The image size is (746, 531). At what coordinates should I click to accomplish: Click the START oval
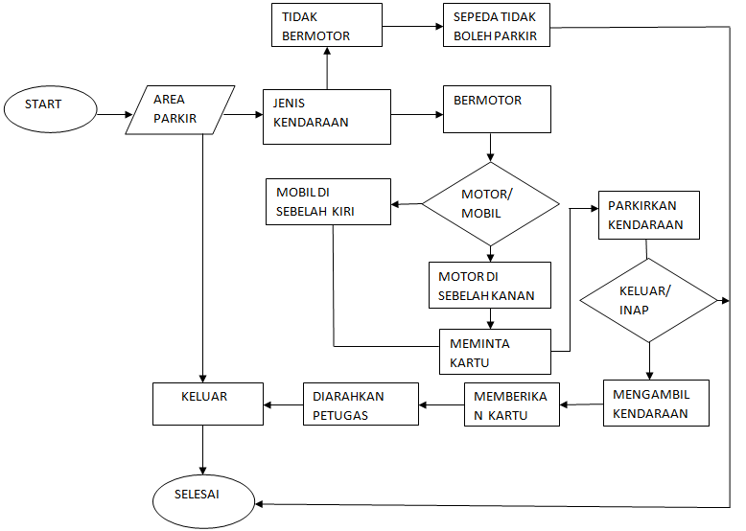tap(50, 107)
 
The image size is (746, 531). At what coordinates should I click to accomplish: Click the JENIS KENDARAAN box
tap(327, 116)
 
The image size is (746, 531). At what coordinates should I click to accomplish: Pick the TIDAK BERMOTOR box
tap(327, 26)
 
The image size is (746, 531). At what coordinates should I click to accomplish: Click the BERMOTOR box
tap(496, 109)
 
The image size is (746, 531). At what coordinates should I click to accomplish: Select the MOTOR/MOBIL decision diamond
tap(491, 203)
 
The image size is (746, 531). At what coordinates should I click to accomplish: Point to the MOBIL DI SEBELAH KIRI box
tap(328, 201)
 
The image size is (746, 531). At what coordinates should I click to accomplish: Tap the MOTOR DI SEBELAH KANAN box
tap(490, 285)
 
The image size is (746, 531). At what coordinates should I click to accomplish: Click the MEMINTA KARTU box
tap(495, 352)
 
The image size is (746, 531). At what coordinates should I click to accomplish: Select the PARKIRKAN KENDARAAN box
tap(648, 215)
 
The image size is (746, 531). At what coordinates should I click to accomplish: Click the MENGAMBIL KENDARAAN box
tap(657, 404)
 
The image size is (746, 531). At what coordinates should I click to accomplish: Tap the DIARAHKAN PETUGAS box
tap(361, 404)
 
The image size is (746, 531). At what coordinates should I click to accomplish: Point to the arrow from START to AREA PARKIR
tap(111, 114)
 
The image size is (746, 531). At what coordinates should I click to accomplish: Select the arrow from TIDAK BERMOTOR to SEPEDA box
tap(412, 27)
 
